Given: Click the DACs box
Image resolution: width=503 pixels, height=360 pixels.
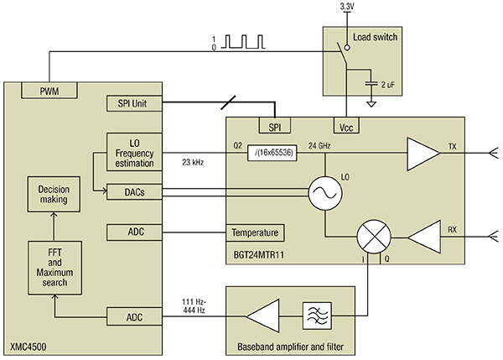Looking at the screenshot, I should [134, 193].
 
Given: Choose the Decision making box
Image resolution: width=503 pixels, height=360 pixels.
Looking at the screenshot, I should [54, 195].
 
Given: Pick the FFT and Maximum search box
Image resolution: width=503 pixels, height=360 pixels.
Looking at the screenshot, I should [54, 268].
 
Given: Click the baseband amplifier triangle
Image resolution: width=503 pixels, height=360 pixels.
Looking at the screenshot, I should [262, 318].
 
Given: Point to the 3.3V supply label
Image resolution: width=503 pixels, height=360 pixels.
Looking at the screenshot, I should [348, 7].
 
